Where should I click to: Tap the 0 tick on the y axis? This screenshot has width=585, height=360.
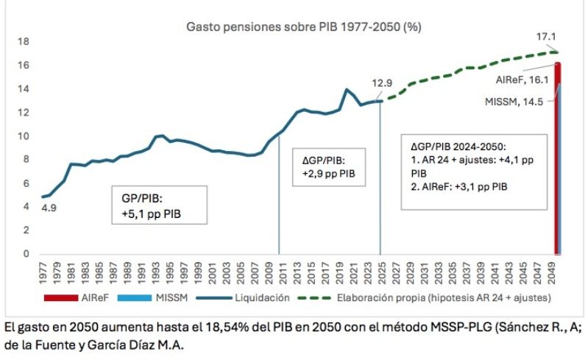point(25,254)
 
